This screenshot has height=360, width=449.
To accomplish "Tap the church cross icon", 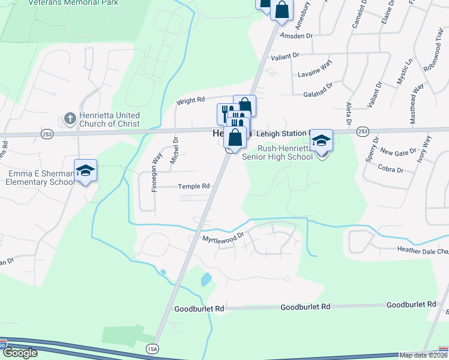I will click(x=70, y=118).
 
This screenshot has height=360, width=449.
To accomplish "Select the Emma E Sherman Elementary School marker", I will click(x=85, y=171).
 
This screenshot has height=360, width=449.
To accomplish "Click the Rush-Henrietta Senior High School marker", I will click(x=322, y=142).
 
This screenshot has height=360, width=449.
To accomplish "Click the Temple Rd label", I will click(x=193, y=187).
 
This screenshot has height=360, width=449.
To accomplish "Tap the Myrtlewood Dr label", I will click(x=223, y=238).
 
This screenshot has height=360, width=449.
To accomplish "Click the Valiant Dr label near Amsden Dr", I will click(x=285, y=56).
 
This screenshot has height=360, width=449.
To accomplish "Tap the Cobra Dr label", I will click(x=391, y=170).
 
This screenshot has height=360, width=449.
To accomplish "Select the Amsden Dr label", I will click(x=297, y=36).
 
